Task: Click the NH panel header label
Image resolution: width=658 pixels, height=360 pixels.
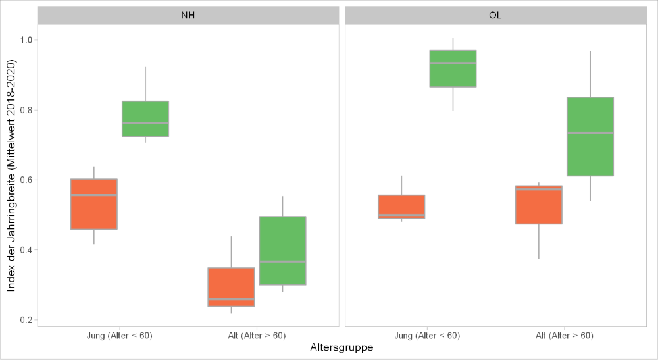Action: click(188, 15)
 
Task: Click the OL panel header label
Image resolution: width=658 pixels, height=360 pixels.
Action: click(495, 15)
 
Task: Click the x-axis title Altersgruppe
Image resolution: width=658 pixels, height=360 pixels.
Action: click(342, 348)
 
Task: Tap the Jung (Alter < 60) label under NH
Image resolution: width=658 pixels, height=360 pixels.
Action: click(120, 336)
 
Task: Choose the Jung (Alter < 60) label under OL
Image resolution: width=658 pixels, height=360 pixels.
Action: click(427, 336)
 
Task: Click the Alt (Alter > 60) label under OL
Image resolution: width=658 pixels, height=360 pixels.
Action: click(565, 336)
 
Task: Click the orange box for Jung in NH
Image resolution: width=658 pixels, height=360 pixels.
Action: click(94, 204)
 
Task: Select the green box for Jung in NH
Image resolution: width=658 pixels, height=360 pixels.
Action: click(145, 118)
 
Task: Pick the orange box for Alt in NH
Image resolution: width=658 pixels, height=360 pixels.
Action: click(231, 287)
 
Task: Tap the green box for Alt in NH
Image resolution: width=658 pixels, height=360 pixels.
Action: click(282, 250)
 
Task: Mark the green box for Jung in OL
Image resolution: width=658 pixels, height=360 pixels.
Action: click(453, 68)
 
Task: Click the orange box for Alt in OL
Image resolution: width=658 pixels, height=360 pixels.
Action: click(539, 205)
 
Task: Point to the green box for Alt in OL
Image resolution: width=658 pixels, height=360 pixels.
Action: click(590, 137)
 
